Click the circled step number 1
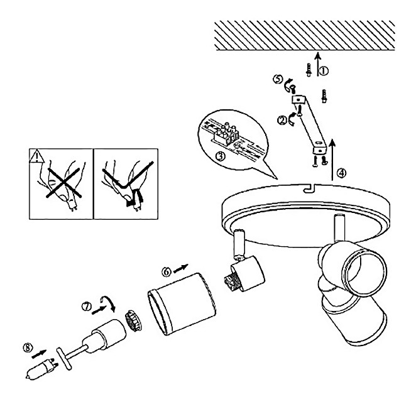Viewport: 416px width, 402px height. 324,71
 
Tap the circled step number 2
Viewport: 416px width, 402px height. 282,121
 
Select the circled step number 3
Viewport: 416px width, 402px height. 221,156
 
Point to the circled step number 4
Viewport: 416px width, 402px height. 341,173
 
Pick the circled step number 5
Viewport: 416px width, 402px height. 278,79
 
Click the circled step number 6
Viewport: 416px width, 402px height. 167,272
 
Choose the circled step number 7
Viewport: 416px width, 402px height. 87,307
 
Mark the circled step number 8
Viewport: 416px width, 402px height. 28,347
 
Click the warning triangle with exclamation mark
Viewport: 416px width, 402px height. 36,156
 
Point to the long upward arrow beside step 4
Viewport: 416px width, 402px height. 332,160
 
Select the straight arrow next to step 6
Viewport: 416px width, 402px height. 181,268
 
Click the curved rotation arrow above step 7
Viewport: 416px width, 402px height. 108,303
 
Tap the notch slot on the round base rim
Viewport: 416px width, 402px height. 309,188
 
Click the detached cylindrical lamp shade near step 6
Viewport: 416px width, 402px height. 182,305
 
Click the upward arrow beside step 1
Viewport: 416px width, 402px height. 318,65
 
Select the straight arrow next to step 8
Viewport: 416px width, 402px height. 39,354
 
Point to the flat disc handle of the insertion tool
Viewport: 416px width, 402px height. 64,359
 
